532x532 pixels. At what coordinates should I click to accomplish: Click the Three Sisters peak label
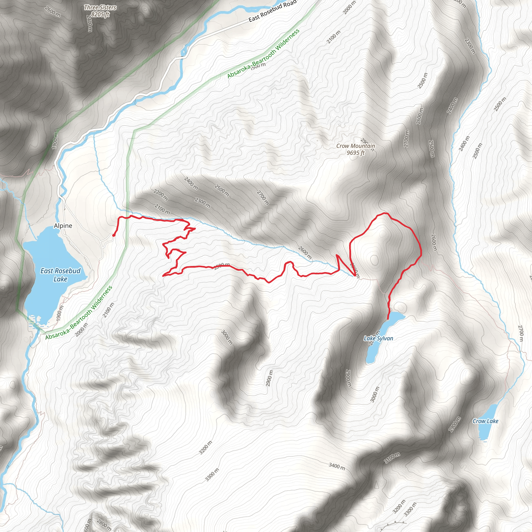click(100, 8)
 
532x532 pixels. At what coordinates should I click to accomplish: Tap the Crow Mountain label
click(356, 146)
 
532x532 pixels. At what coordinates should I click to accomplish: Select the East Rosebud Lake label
click(60, 275)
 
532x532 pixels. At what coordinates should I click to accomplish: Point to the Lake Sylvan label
click(378, 338)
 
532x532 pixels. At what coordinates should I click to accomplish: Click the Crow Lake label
click(486, 421)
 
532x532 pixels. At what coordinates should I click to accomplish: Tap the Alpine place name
click(63, 226)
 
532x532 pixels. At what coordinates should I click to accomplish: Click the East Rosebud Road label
click(272, 11)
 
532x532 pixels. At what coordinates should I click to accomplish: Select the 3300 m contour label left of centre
click(212, 475)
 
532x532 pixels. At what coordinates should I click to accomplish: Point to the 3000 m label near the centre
click(227, 337)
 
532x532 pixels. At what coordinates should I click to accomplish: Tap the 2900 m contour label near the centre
click(270, 378)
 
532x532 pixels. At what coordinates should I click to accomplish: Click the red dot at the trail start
click(114, 235)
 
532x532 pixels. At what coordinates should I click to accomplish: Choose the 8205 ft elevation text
click(100, 14)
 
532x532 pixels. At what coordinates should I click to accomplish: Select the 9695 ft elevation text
click(356, 153)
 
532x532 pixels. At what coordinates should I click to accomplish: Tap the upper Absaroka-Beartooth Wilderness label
click(263, 54)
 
